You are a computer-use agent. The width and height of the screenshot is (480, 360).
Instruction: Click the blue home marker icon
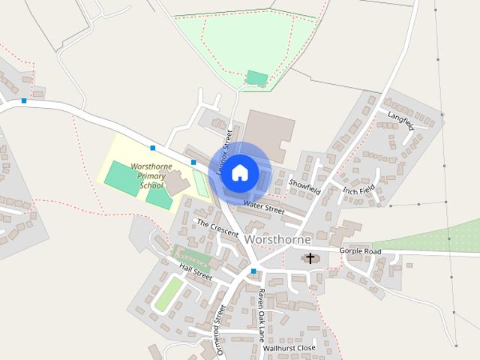[239, 172]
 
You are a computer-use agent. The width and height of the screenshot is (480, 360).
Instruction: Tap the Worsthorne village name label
[278, 239]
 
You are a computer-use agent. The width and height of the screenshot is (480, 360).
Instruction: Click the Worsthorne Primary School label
[151, 175]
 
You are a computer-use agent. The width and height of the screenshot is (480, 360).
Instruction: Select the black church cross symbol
[310, 259]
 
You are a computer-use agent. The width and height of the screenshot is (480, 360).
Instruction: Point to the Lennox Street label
[223, 150]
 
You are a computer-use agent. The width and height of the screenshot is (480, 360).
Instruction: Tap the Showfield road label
[304, 187]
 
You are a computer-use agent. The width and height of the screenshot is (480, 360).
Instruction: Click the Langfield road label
[400, 120]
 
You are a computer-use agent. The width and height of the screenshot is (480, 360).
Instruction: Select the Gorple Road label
[360, 251]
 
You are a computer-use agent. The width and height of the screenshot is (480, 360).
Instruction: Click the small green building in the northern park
[256, 78]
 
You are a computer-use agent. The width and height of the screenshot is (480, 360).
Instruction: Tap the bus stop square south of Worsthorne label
[253, 271]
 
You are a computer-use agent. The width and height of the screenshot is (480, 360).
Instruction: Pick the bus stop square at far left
[24, 100]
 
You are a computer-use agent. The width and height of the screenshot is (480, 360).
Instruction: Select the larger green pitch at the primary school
[121, 178]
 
